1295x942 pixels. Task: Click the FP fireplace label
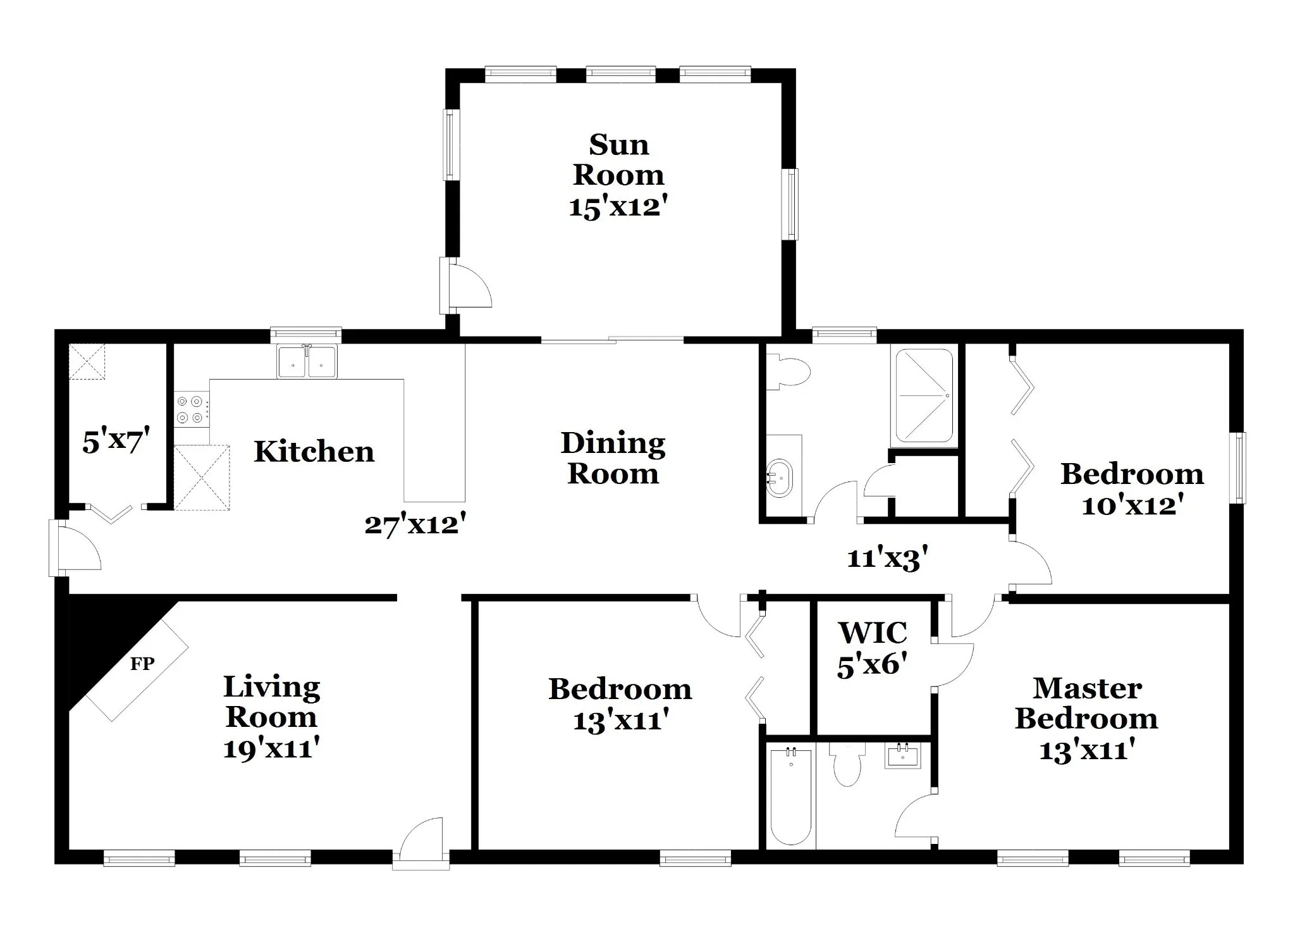click(142, 664)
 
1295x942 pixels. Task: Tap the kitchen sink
click(307, 362)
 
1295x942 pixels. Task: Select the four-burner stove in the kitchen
click(192, 409)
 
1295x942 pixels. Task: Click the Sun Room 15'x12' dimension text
click(618, 207)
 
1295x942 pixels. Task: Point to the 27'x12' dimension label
click(415, 524)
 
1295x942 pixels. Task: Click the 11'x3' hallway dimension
click(887, 559)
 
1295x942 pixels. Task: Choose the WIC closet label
click(873, 633)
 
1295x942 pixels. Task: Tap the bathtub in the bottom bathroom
click(790, 796)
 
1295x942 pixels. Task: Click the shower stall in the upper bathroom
click(924, 395)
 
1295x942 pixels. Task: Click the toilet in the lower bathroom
click(847, 765)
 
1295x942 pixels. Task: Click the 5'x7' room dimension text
click(116, 440)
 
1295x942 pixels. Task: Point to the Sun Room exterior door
click(465, 285)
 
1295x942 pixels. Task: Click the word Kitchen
click(314, 452)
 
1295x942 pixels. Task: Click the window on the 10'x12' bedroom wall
click(1237, 468)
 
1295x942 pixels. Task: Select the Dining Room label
click(613, 458)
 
